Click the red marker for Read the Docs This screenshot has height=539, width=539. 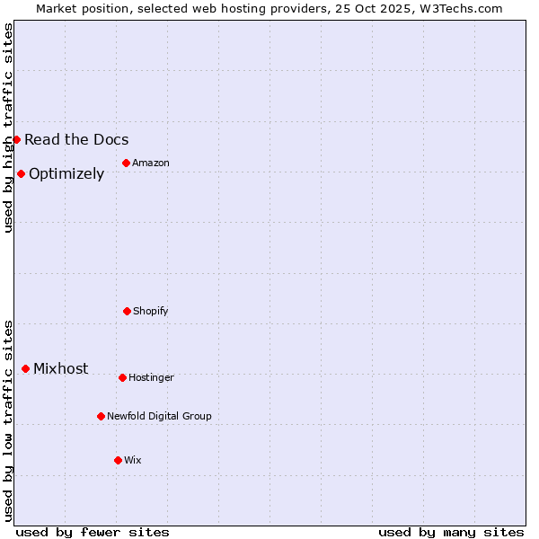click(16, 139)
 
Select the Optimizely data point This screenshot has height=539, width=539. click(21, 173)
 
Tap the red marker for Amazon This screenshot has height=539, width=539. click(126, 163)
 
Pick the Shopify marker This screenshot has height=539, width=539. click(127, 311)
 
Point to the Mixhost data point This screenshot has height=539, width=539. click(25, 368)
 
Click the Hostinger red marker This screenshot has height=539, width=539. click(122, 377)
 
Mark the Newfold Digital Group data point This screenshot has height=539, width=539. click(101, 416)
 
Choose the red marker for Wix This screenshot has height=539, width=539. click(118, 460)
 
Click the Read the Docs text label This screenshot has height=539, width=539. click(76, 139)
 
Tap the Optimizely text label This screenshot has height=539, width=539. click(66, 173)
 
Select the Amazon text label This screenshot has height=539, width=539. click(151, 163)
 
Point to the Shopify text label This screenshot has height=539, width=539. click(151, 311)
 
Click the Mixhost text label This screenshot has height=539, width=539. click(61, 368)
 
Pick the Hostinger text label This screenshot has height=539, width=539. click(151, 377)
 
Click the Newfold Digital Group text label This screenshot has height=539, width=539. click(159, 416)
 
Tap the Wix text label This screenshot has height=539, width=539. click(133, 460)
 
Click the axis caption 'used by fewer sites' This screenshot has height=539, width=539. click(93, 532)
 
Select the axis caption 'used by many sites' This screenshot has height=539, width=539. click(451, 532)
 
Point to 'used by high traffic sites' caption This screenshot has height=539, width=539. click(8, 128)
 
